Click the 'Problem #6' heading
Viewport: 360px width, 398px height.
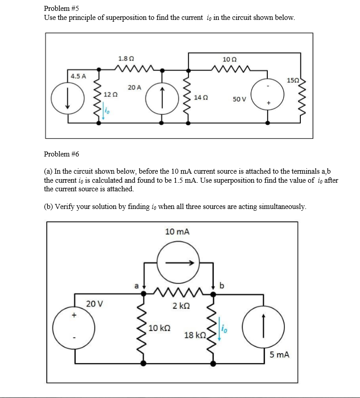pyautogui.click(x=62, y=154)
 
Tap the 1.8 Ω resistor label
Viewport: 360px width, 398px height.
pyautogui.click(x=125, y=59)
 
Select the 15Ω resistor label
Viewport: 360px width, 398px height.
pyautogui.click(x=293, y=80)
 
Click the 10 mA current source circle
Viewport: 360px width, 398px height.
pyautogui.click(x=178, y=262)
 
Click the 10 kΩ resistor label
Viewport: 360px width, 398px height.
pyautogui.click(x=160, y=327)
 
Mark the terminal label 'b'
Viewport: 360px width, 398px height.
pyautogui.click(x=222, y=285)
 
